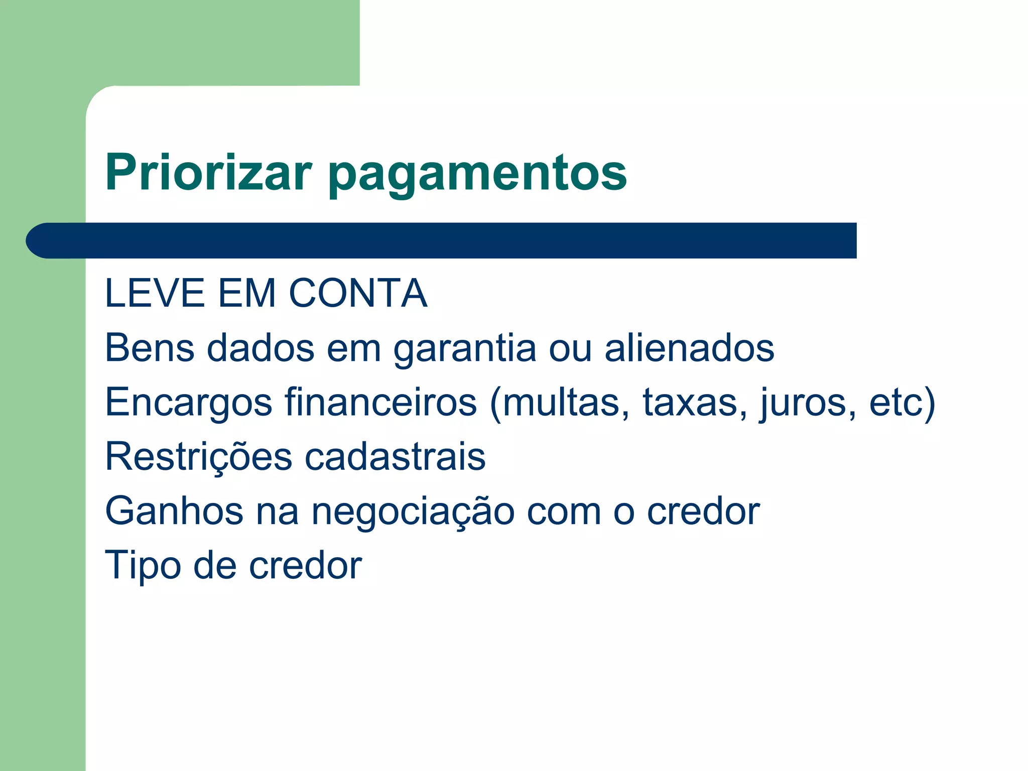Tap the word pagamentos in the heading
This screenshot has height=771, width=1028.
pos(477,174)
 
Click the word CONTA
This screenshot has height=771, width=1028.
pos(358,293)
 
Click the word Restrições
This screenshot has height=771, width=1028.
pos(198,457)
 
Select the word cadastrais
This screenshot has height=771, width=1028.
pos(396,456)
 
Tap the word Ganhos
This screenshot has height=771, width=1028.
pos(174,511)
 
